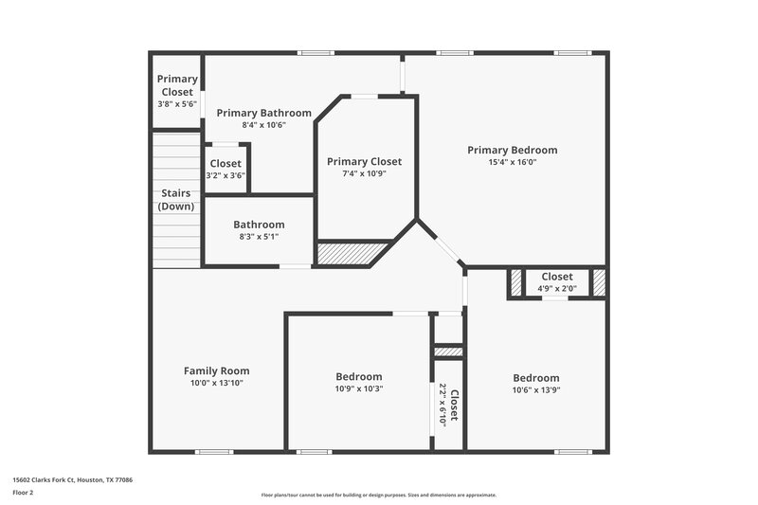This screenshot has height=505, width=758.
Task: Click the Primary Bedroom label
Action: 512,150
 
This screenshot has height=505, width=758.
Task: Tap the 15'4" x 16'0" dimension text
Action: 512,162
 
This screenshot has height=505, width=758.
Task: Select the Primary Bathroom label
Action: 250,113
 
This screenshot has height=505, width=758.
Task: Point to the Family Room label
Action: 216,370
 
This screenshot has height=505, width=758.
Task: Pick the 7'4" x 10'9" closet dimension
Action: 364,173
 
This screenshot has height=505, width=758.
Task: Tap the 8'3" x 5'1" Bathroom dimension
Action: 259,237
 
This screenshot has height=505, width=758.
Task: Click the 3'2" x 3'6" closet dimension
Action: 226,175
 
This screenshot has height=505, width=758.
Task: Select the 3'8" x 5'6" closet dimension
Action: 177,104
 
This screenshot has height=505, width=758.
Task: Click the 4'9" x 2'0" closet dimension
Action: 556,289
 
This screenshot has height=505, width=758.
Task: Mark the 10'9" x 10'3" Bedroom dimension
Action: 359,388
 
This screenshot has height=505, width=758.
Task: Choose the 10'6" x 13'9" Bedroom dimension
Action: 535,389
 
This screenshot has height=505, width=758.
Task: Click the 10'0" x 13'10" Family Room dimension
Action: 216,383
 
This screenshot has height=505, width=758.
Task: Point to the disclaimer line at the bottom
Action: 378,495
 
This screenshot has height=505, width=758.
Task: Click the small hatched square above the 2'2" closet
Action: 448,352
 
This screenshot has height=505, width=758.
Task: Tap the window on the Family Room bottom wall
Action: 214,452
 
